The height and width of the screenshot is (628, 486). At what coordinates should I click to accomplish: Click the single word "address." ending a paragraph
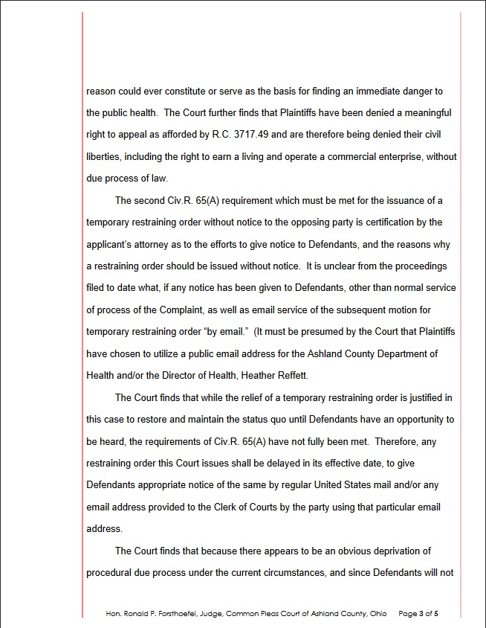(x=104, y=529)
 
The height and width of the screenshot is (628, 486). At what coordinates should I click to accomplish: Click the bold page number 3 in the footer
(x=421, y=614)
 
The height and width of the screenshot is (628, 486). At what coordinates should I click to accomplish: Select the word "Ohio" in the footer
(x=378, y=614)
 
